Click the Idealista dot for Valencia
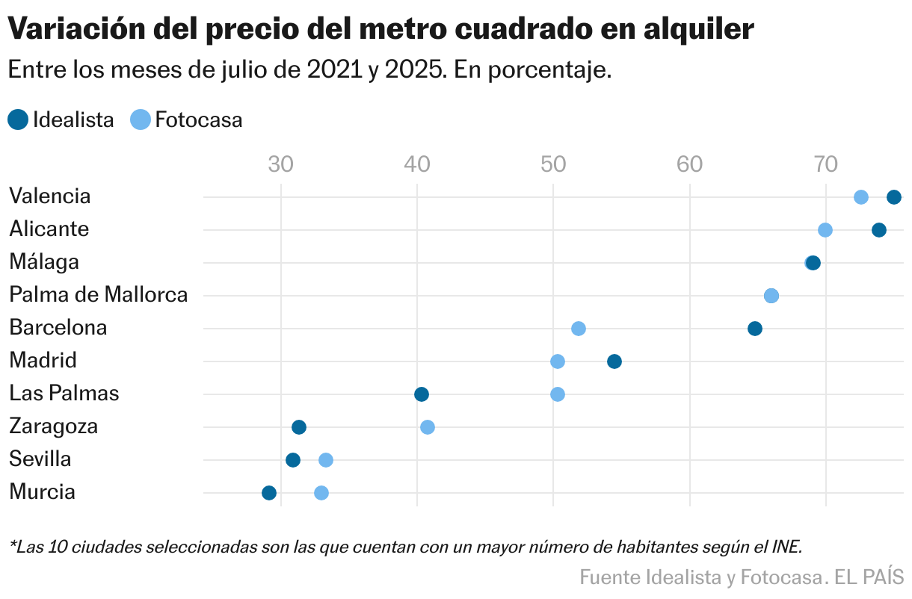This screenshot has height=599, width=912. [893, 197]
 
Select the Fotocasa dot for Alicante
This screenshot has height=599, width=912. [825, 230]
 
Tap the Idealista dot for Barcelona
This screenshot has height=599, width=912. [754, 329]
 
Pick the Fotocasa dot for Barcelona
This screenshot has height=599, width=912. [578, 329]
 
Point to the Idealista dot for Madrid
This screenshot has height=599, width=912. [614, 361]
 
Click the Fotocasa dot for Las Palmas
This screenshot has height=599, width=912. [557, 394]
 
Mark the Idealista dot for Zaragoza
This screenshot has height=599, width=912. [298, 427]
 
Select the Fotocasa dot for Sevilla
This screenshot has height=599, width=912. [325, 460]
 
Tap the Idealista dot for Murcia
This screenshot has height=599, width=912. [268, 493]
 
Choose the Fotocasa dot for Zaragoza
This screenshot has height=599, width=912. [427, 427]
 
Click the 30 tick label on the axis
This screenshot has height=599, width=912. [280, 164]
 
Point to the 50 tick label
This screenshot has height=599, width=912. [552, 164]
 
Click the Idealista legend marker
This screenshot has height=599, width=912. [18, 120]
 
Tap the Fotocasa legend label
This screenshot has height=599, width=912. [198, 120]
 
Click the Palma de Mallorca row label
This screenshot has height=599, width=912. [98, 295]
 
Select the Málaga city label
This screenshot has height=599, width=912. [44, 262]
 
